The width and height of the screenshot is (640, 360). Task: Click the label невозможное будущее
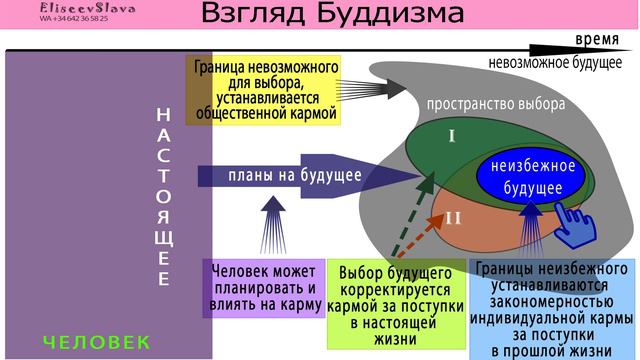pos(563,63)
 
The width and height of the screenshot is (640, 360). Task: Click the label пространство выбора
pos(495,104)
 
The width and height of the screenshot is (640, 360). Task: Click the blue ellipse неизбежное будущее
pos(533,176)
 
